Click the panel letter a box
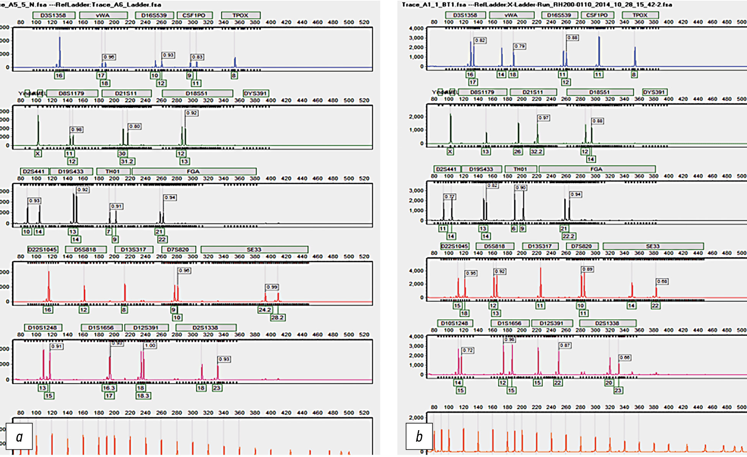click(x=19, y=436)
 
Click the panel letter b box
click(x=419, y=436)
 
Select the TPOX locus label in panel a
click(x=240, y=15)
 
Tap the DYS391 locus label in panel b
click(x=654, y=92)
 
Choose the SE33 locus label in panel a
click(x=254, y=249)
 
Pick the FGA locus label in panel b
click(x=596, y=169)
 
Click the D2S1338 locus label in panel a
click(x=205, y=328)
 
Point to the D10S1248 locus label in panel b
click(x=455, y=323)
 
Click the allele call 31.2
click(x=127, y=161)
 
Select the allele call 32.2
click(x=536, y=152)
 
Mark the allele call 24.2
click(x=265, y=310)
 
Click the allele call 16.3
click(x=109, y=388)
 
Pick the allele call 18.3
click(x=143, y=395)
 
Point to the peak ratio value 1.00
click(x=150, y=346)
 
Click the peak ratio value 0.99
click(x=272, y=287)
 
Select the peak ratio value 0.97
click(x=543, y=118)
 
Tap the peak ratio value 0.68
click(x=662, y=282)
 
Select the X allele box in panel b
click(x=450, y=151)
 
